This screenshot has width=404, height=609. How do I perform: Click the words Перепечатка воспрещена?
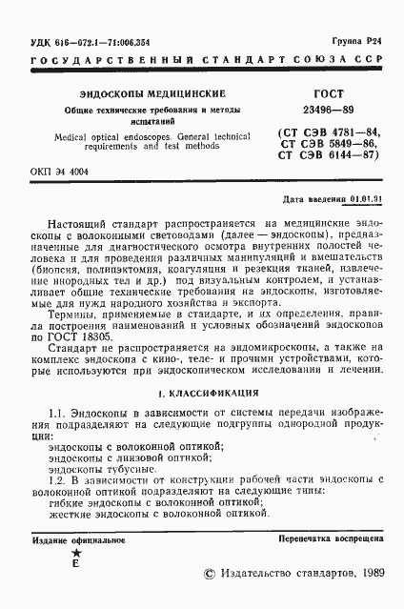(x=331, y=538)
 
